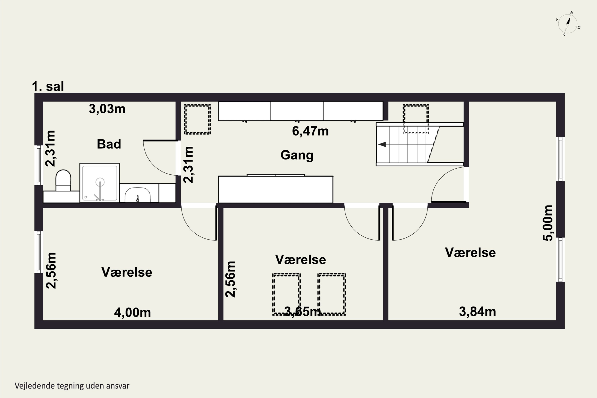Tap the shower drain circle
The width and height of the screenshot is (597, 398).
click(100, 182)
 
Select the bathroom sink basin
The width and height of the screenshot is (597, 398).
click(138, 195)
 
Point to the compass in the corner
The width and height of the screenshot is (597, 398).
click(568, 24)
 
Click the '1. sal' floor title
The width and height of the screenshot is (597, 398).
click(48, 86)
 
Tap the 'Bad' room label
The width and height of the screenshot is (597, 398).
click(109, 144)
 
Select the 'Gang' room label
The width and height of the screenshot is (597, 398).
click(297, 155)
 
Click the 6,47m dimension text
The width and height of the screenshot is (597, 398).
click(310, 131)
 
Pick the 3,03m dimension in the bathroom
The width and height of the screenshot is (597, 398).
click(107, 109)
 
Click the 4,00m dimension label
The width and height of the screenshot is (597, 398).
click(132, 312)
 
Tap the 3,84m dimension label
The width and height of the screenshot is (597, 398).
click(477, 311)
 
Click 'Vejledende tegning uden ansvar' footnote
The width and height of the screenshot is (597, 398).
click(72, 386)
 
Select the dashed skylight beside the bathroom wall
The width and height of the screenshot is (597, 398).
click(197, 119)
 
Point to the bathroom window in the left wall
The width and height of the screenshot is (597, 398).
click(39, 165)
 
